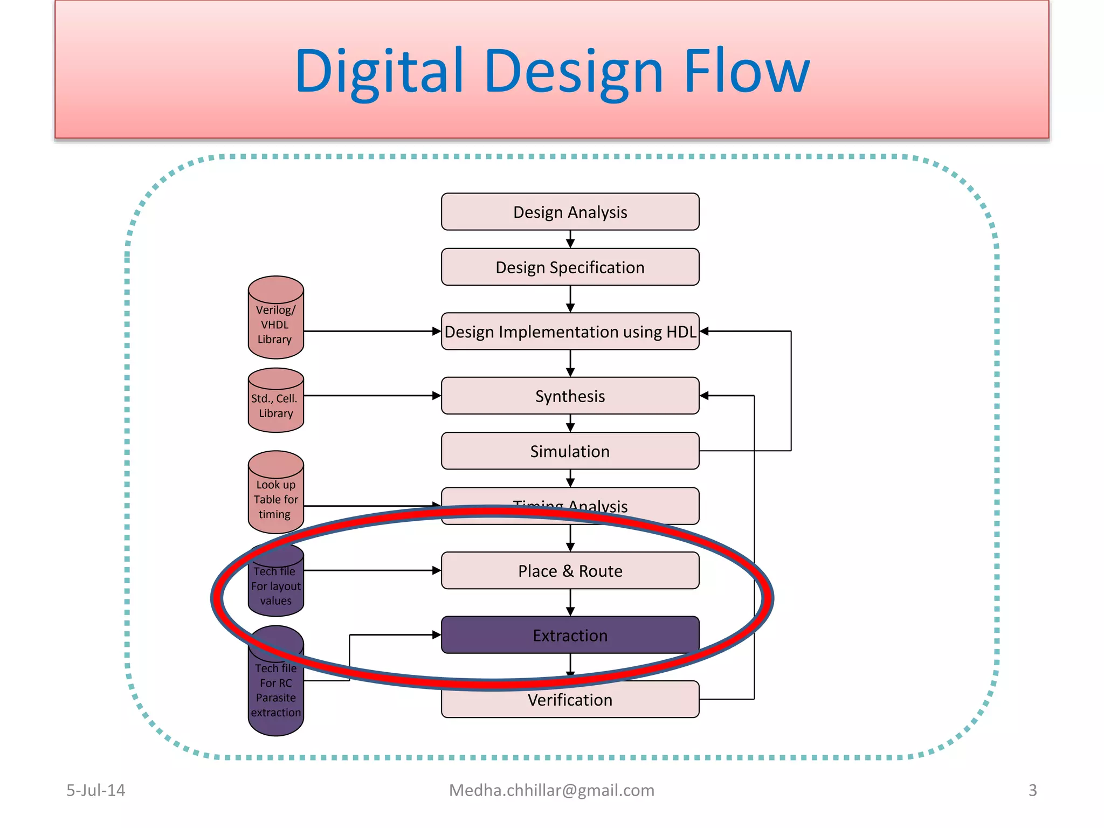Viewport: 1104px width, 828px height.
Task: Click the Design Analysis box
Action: [x=570, y=212]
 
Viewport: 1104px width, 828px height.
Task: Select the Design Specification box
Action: [x=570, y=267]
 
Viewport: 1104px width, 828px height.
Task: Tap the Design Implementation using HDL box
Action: [x=570, y=332]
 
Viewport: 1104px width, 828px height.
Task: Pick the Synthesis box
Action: [x=570, y=396]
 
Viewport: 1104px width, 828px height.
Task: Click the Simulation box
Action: [x=570, y=451]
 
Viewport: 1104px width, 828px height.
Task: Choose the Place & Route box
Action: [x=570, y=571]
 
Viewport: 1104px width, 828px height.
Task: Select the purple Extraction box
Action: [x=570, y=635]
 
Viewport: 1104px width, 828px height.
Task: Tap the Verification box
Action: [x=570, y=700]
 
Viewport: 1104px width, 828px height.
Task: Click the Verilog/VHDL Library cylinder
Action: [x=275, y=323]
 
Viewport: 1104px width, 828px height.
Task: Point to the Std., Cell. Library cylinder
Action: [x=275, y=405]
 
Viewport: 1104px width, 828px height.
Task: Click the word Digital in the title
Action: [x=379, y=71]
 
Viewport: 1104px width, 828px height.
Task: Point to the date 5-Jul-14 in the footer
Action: [x=95, y=790]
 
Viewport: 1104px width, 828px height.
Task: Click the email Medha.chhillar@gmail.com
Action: [x=551, y=790]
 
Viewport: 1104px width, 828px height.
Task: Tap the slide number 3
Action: [x=1032, y=790]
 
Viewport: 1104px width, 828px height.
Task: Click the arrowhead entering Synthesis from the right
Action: [x=704, y=396]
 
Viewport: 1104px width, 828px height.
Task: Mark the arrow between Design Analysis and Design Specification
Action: [x=570, y=240]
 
